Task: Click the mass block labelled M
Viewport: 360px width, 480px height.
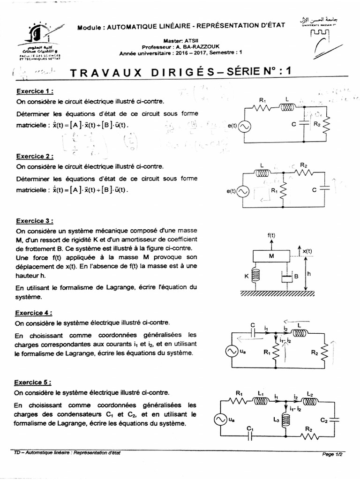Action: [271, 256]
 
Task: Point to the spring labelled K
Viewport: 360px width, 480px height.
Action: [255, 276]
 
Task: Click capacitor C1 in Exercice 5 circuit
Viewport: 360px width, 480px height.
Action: [250, 435]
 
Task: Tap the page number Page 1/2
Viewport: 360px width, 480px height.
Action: [332, 454]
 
